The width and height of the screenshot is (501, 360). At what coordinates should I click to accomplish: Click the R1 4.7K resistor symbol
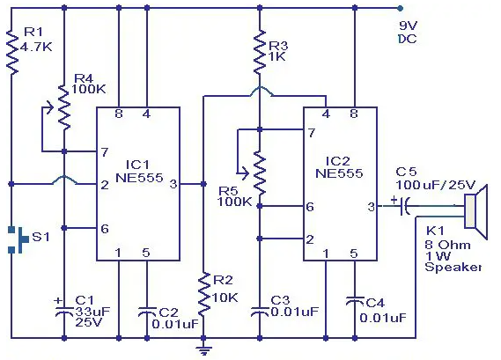11,52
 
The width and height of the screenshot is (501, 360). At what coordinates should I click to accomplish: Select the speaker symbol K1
476,211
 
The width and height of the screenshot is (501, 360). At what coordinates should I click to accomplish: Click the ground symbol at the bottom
203,350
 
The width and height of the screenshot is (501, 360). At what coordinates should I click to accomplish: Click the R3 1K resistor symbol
260,52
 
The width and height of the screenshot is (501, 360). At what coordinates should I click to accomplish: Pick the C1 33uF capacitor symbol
64,311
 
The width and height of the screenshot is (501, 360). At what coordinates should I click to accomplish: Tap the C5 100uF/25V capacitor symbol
402,206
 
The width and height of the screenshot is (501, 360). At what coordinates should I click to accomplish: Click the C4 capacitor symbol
354,302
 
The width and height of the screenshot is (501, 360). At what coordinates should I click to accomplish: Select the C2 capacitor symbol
147,312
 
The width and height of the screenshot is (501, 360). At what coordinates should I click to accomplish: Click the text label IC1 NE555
139,172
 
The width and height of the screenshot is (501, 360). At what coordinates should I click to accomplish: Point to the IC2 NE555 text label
339,167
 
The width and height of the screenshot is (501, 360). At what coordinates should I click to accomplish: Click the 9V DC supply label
408,33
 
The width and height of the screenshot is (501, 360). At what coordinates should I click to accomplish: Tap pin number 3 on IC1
173,184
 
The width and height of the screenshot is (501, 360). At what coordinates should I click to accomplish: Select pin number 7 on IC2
311,133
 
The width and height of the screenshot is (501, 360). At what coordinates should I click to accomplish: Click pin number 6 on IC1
105,229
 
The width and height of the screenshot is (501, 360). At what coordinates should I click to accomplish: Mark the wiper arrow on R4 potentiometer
50,107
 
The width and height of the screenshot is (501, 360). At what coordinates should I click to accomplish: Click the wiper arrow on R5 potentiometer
243,173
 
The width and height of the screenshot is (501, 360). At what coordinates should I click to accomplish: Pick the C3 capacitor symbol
260,312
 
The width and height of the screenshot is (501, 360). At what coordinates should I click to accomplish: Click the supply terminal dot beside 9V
400,8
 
